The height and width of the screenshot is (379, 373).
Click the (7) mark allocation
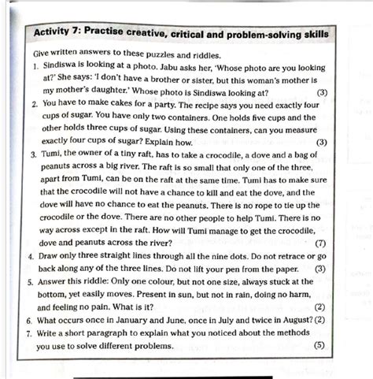(x=319, y=243)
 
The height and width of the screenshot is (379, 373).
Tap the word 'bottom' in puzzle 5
(x=55, y=294)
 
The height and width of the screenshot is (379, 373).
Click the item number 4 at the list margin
(x=29, y=256)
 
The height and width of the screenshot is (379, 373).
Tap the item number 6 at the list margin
(x=29, y=321)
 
